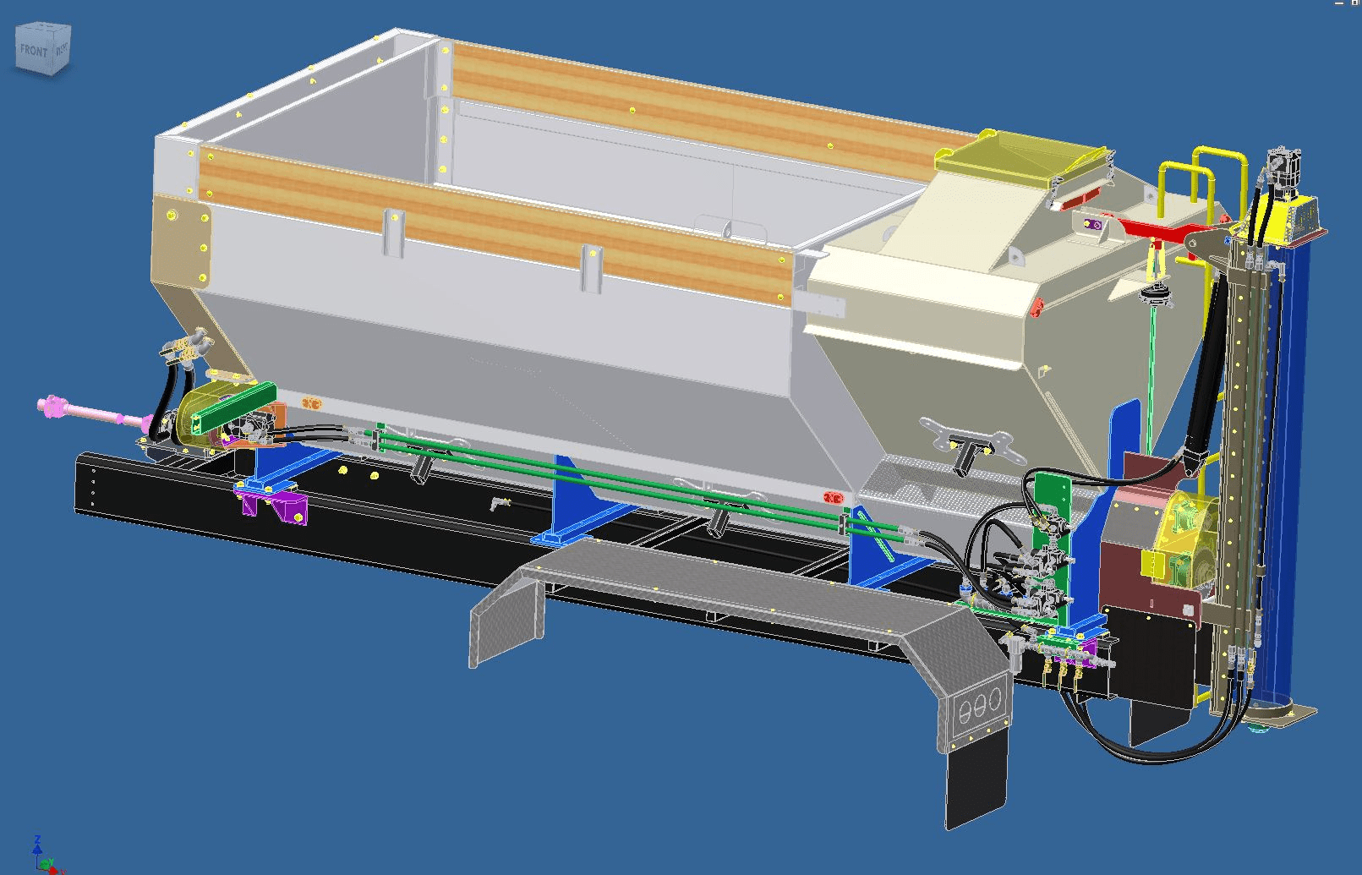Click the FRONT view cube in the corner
43,50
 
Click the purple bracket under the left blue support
275,506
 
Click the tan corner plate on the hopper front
182,241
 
